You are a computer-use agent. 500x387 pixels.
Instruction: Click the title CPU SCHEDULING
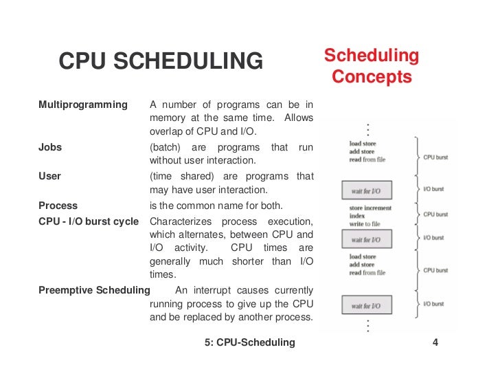point(161,62)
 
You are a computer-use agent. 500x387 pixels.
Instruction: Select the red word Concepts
point(372,76)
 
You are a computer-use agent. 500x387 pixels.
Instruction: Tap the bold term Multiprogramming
point(83,104)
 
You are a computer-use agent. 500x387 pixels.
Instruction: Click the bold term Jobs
point(49,147)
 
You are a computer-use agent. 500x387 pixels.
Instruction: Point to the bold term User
point(49,176)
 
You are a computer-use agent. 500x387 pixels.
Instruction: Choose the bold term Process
point(58,206)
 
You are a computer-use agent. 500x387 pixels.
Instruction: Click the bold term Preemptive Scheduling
point(94,289)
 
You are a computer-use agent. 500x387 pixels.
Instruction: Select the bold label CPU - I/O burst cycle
point(89,221)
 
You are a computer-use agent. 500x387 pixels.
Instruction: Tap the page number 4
point(435,342)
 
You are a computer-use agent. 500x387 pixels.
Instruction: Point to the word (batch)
point(165,147)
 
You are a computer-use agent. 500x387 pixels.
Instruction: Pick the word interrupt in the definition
point(218,289)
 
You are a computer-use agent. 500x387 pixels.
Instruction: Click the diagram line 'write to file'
point(364,224)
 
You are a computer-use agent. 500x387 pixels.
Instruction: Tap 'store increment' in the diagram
point(370,208)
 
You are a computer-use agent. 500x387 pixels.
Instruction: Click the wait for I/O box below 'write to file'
point(366,240)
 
